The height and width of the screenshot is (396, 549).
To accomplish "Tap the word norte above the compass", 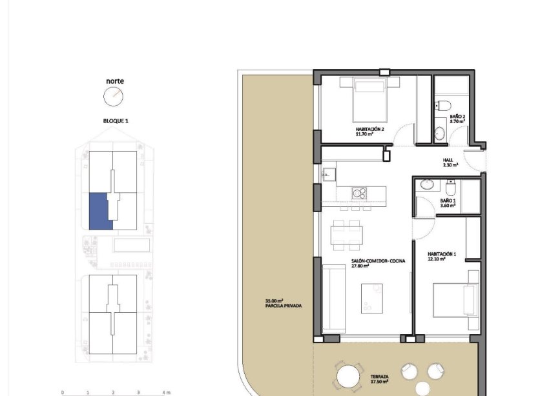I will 115,81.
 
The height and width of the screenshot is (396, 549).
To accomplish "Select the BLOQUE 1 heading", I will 116,121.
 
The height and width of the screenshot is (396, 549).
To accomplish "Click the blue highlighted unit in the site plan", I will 100,210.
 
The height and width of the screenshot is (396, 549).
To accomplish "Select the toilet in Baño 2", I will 443,106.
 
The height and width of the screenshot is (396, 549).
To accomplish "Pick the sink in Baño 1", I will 427,185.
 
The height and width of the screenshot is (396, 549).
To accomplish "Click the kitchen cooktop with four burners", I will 358,193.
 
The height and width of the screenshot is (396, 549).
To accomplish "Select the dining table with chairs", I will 346,234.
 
